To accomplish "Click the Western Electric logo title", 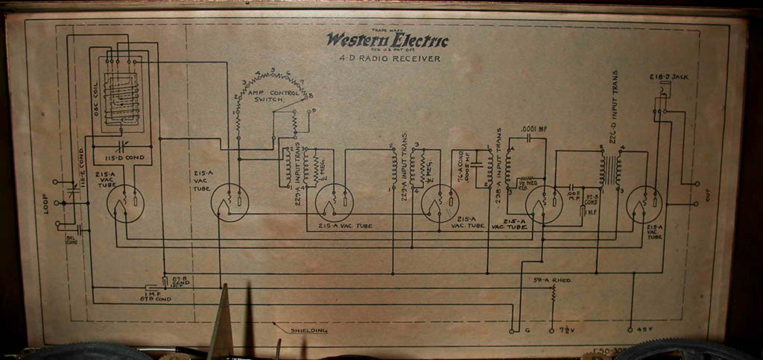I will coord(387,41).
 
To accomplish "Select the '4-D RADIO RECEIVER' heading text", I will coord(387,58).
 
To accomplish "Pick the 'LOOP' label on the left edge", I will coord(46,203).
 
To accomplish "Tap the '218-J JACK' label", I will coord(660,78).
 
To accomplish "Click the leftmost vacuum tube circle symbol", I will coord(124,203).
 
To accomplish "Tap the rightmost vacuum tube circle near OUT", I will coord(644,203).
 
